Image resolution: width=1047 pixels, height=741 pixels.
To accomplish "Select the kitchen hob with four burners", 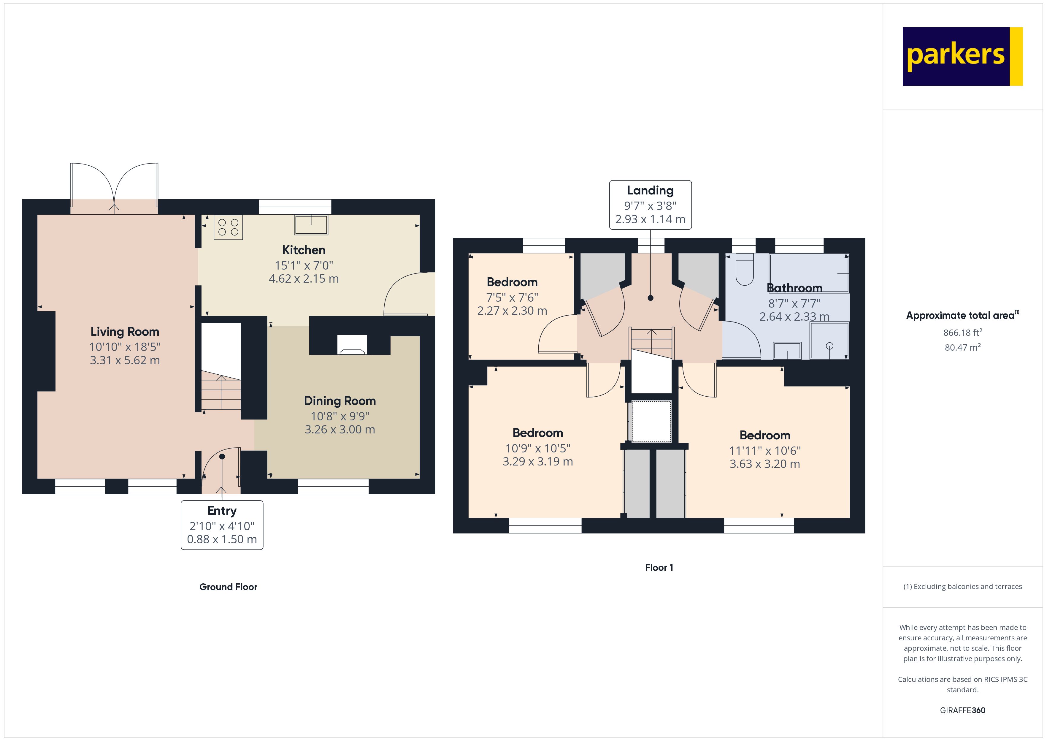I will (x=228, y=227).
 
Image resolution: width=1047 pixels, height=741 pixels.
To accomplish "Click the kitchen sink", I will (x=311, y=224).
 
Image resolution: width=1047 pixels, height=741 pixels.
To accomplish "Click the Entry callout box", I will (x=222, y=525).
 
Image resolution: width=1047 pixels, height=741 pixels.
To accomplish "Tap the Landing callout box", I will (x=650, y=205).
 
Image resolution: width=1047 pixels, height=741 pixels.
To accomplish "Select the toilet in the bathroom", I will (x=744, y=269).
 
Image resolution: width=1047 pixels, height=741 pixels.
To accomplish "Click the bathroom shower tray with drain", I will (x=829, y=341).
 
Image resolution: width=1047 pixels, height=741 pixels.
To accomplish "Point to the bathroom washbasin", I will (x=787, y=350).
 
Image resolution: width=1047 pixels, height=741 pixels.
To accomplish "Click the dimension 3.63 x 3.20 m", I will (x=765, y=464).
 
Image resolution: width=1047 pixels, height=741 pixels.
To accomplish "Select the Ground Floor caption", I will (x=228, y=587).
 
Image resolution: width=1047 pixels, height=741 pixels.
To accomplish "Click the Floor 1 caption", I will (x=659, y=568).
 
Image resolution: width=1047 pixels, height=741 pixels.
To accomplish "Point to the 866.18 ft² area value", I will (x=962, y=332).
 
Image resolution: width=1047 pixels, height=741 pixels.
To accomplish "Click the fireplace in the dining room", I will (x=352, y=345).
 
